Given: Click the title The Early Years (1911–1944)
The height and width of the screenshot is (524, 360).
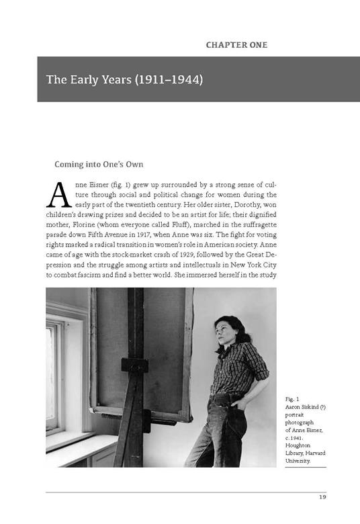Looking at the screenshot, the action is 125,80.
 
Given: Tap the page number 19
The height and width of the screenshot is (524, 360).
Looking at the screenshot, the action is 322,498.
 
